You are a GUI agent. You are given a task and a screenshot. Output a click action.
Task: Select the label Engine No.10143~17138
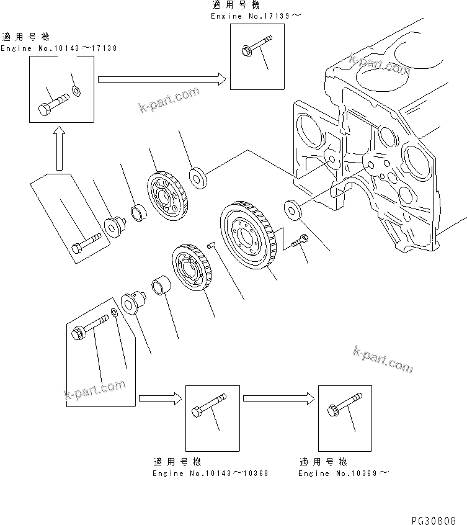(x=58, y=48)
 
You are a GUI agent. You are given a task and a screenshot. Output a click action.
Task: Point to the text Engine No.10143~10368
(x=210, y=473)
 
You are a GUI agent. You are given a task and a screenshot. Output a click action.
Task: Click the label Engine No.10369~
(x=344, y=473)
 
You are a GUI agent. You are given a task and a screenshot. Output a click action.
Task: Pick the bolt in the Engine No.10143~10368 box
(x=208, y=406)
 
